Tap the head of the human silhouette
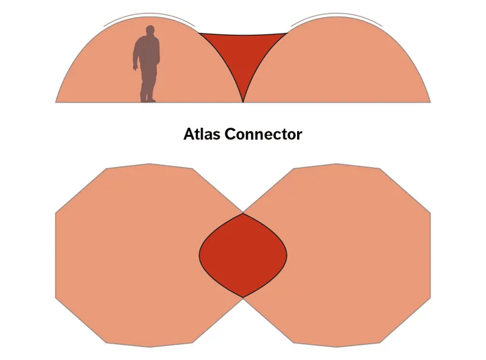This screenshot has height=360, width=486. [x=149, y=33]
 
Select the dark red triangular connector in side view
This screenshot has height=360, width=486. [x=243, y=52]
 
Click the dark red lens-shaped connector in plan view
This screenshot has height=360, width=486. [x=243, y=255]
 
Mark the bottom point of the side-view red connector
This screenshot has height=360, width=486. [x=243, y=101]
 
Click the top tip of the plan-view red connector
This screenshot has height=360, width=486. [x=243, y=213]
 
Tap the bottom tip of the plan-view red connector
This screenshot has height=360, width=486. [x=243, y=297]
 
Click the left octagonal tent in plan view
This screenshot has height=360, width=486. [x=128, y=255]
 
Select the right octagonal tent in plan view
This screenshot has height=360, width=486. [x=358, y=255]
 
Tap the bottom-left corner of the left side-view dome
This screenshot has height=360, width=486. [x=56, y=102]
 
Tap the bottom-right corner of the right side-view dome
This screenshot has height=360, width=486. [x=430, y=102]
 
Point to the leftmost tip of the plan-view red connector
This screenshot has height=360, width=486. [x=200, y=255]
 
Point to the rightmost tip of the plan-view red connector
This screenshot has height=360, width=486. [x=287, y=255]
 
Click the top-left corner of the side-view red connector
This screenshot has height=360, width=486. [x=199, y=32]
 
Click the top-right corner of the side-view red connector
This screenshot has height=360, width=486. [x=287, y=32]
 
